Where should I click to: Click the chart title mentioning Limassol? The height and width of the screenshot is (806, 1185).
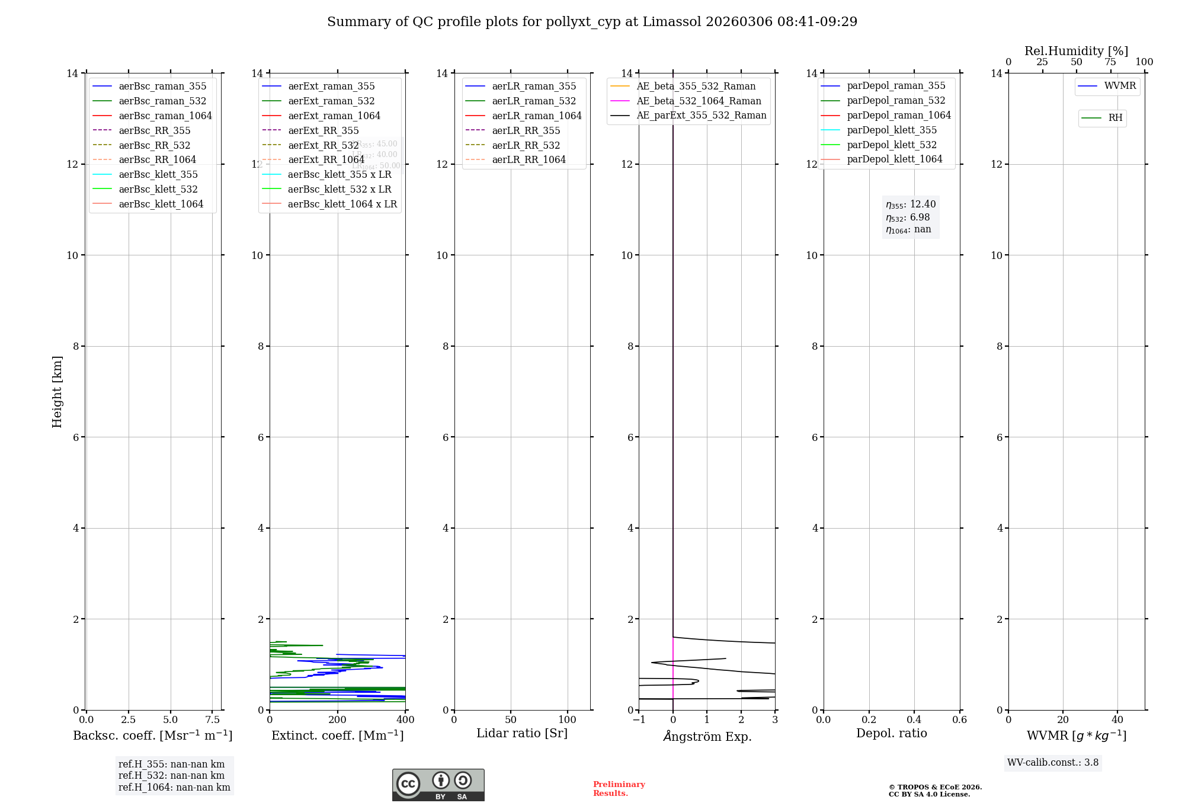592,22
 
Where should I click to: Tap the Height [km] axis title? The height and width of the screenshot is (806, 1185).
57,391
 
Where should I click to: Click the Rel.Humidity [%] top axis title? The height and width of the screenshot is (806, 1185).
1076,51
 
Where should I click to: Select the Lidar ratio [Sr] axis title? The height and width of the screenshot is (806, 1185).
521,733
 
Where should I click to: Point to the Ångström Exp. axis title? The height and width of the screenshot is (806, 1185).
707,736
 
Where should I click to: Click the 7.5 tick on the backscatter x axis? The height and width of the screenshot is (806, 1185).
212,719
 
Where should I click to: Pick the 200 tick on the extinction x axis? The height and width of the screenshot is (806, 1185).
337,719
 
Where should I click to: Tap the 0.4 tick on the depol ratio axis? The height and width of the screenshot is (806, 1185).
914,719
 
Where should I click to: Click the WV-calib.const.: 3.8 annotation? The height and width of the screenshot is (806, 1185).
1052,762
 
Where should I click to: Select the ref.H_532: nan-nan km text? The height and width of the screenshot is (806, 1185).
171,775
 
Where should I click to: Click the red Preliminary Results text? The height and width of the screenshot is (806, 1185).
619,788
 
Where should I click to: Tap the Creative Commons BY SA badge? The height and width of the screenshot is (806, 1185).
438,785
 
